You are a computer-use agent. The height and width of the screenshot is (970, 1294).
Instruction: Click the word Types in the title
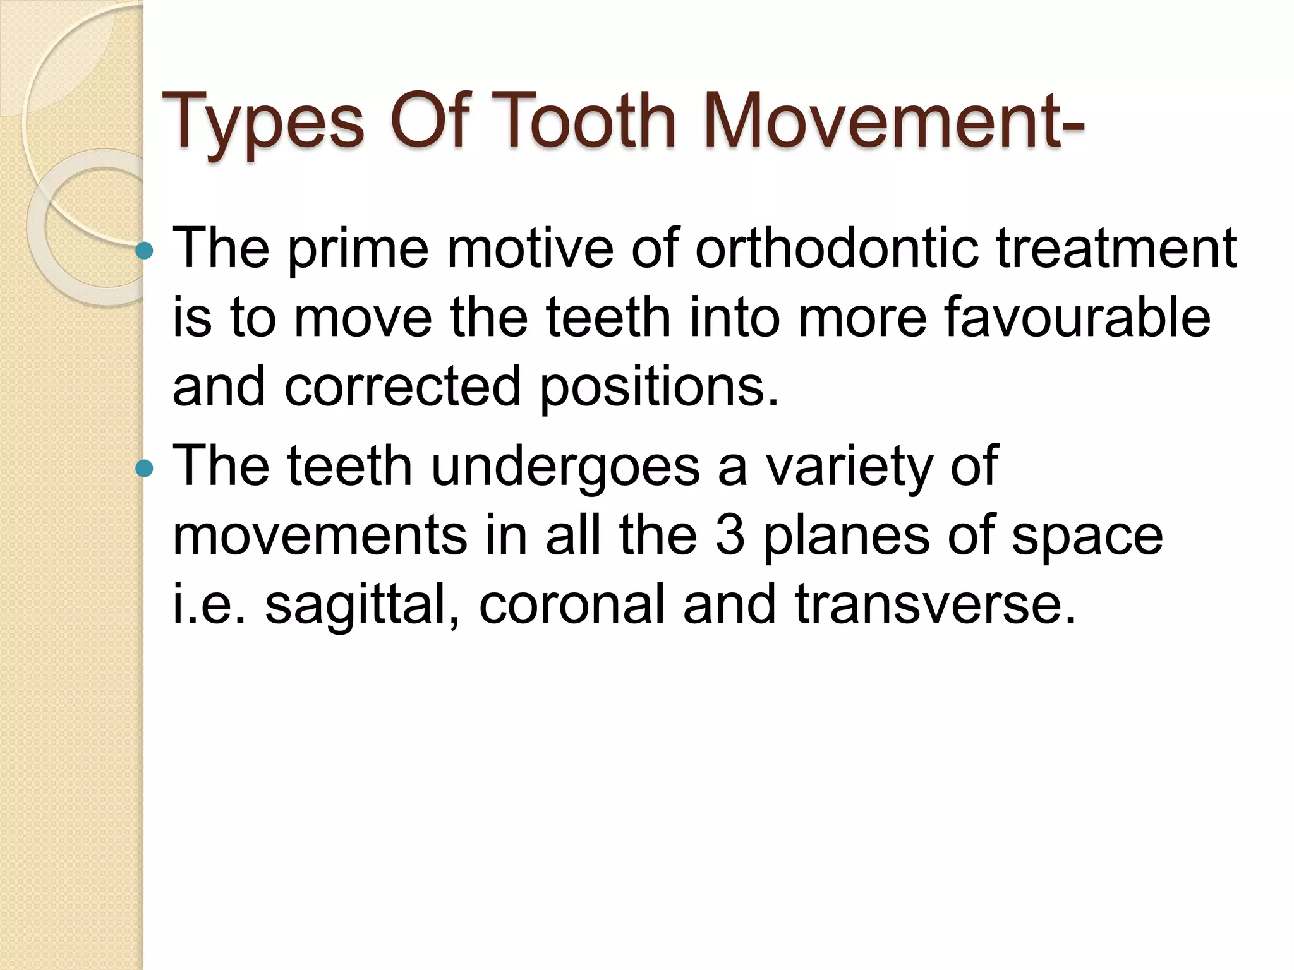pyautogui.click(x=262, y=122)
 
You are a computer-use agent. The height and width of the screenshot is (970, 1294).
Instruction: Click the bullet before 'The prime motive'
pyautogui.click(x=145, y=251)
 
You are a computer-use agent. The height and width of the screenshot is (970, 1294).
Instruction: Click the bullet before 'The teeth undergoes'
pyautogui.click(x=145, y=468)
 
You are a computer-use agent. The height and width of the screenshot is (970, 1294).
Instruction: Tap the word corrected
pyautogui.click(x=402, y=386)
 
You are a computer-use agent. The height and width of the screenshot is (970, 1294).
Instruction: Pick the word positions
pyautogui.click(x=659, y=387)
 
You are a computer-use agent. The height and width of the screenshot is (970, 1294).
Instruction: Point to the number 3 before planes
pyautogui.click(x=730, y=536)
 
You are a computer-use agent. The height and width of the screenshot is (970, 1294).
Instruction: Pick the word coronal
pyautogui.click(x=572, y=604)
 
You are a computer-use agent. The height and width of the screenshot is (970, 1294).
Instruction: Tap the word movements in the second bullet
pyautogui.click(x=318, y=536)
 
